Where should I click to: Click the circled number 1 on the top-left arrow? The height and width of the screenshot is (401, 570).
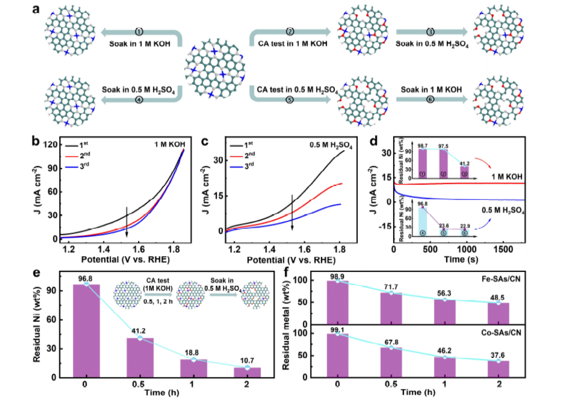[x=140, y=31]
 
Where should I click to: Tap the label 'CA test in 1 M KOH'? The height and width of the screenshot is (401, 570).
[x=290, y=44]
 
